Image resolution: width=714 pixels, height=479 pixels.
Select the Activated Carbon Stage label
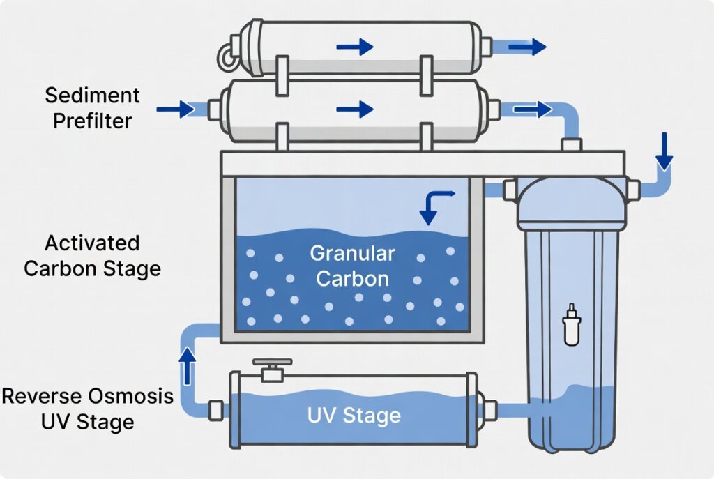coord(92,255)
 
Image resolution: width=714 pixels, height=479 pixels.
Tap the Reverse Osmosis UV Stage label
coord(87,409)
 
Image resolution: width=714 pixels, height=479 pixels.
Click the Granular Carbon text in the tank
coord(352,265)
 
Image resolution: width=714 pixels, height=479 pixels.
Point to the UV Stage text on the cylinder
coord(354,416)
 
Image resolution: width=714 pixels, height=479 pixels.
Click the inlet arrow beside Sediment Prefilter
coord(175,109)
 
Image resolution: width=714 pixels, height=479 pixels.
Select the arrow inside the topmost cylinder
coord(354,47)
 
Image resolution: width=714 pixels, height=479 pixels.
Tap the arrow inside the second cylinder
coord(354,109)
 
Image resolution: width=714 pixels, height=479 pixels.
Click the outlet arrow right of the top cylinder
coord(526,47)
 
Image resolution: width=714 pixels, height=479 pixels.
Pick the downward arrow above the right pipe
coord(664,151)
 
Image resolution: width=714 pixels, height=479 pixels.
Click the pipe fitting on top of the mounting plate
coord(572,144)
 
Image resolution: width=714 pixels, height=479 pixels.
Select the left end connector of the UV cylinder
coord(216,409)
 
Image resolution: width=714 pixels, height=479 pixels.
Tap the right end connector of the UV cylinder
coord(489,409)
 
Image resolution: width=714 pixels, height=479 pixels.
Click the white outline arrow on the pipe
coord(535,109)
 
